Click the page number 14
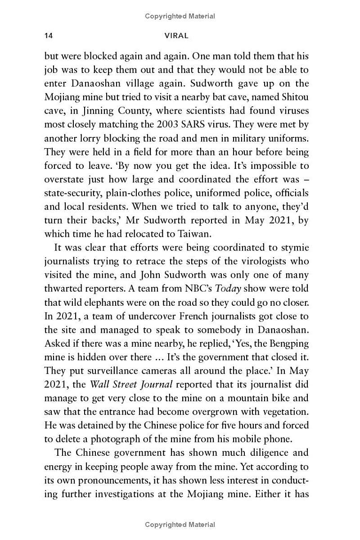(49, 36)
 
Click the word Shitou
(294, 96)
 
